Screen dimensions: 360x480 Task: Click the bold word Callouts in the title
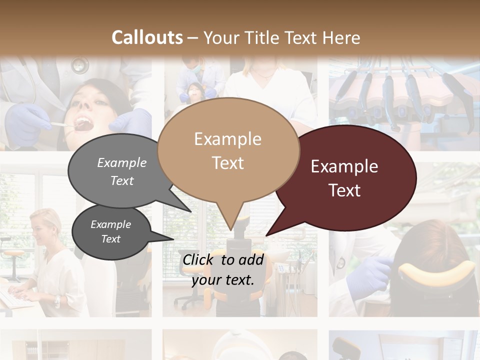(147, 37)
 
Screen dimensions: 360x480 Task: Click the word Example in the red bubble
(344, 166)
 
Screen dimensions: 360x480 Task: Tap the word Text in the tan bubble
(228, 163)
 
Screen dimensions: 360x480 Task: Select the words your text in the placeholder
(223, 280)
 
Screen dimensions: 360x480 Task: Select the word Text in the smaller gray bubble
(111, 239)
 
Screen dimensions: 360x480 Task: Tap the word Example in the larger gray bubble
(122, 162)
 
